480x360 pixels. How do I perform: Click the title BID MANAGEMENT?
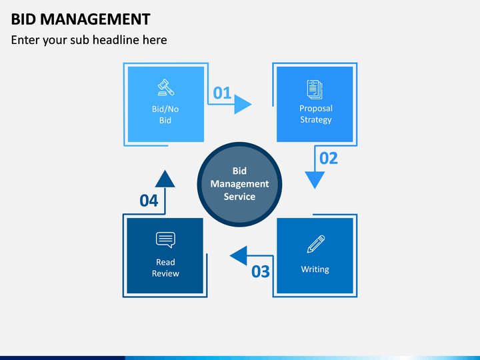(x=81, y=19)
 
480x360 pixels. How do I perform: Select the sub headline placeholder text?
(x=89, y=40)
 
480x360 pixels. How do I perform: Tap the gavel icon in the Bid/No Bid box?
(x=165, y=87)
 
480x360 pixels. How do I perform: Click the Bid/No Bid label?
(x=165, y=115)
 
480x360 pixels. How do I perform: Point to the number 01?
(x=222, y=93)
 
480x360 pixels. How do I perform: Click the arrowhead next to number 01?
(x=243, y=105)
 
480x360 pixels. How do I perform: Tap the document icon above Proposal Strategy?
(x=315, y=89)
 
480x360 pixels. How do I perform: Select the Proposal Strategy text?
(x=315, y=114)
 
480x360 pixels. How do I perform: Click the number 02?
(x=329, y=158)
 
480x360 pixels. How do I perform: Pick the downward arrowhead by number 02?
(x=315, y=179)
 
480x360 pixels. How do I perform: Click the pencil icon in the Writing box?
(x=315, y=244)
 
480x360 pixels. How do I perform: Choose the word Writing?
(x=315, y=269)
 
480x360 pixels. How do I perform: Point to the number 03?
(x=261, y=271)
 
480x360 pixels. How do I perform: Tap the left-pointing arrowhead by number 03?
(x=239, y=255)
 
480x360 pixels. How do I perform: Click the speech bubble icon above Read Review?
(x=165, y=239)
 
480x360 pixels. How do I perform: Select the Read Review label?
(x=165, y=268)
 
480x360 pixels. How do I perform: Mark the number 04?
(x=149, y=201)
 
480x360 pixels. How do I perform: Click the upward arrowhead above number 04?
(x=165, y=179)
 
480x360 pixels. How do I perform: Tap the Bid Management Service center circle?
(x=239, y=183)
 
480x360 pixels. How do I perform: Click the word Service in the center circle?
(x=239, y=197)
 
